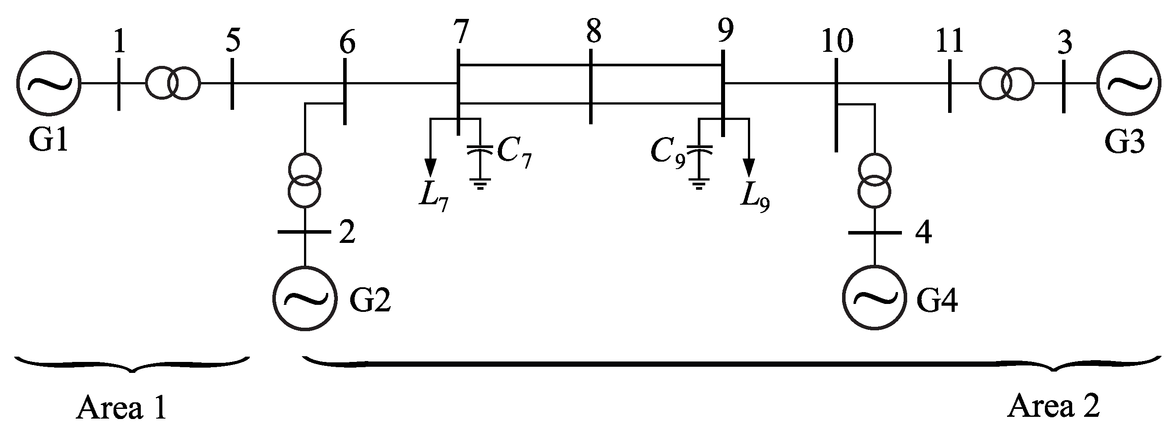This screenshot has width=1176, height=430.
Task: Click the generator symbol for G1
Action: tap(49, 83)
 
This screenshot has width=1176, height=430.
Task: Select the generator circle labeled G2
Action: tap(305, 298)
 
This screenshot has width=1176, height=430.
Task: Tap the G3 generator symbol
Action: tap(1128, 83)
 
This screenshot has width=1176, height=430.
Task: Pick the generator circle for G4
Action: tap(874, 298)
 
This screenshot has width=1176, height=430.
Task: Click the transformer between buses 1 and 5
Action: tap(172, 83)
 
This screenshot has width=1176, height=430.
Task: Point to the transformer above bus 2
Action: tap(305, 181)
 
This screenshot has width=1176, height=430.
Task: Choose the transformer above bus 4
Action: tap(874, 181)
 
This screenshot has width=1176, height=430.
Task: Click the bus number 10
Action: tap(837, 41)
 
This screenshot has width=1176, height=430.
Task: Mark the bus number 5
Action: tap(233, 41)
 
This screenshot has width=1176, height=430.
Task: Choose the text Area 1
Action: tap(121, 408)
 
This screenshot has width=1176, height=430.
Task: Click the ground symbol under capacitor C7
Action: tap(480, 183)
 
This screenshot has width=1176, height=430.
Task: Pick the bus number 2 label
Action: tap(348, 233)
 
